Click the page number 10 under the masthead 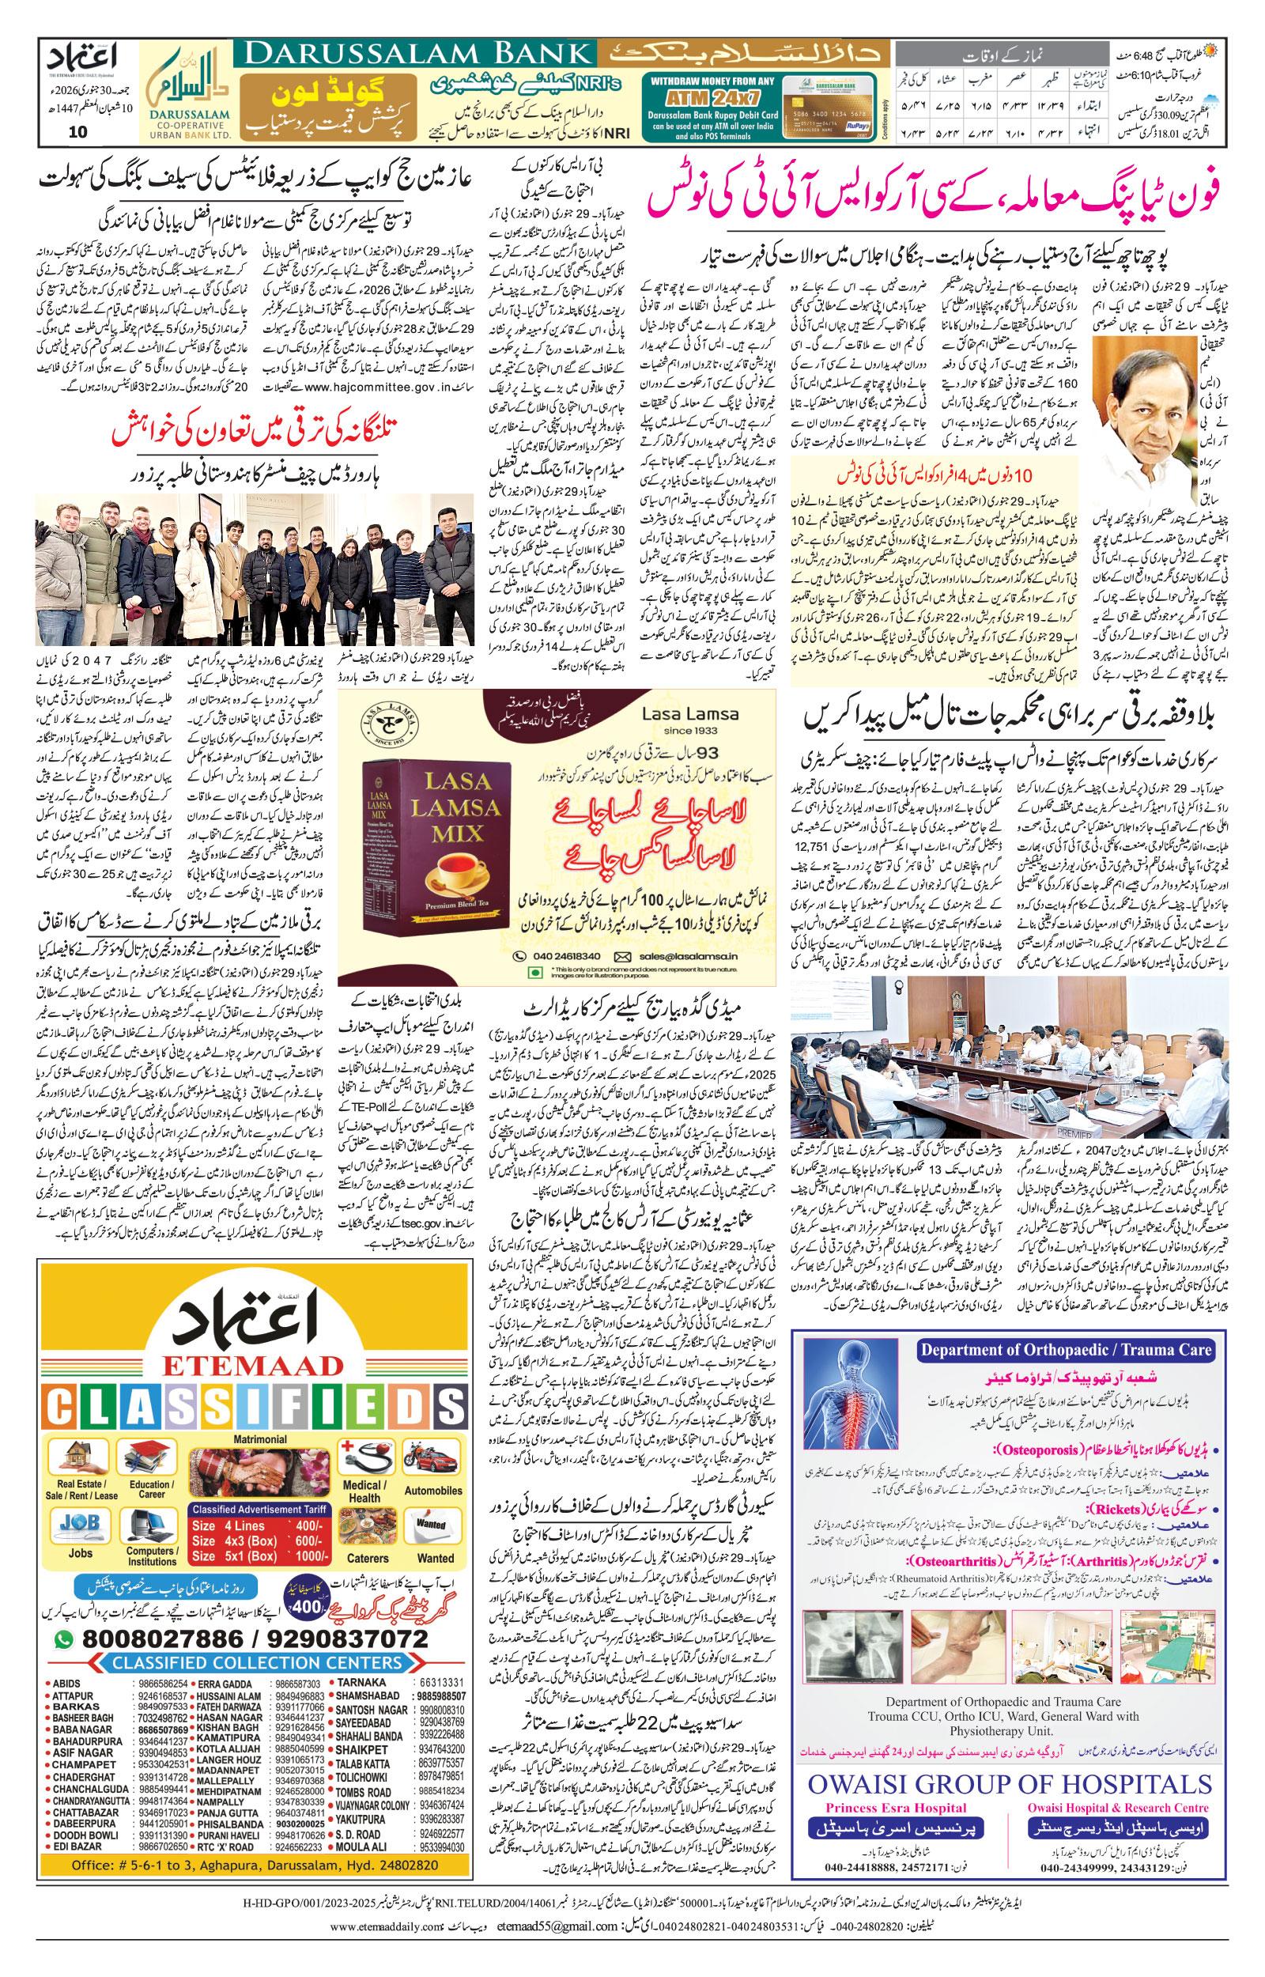[x=78, y=131]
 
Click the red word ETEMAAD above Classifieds [x=252, y=1365]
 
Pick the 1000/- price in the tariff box [x=312, y=1556]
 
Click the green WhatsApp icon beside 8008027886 [x=64, y=1639]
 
